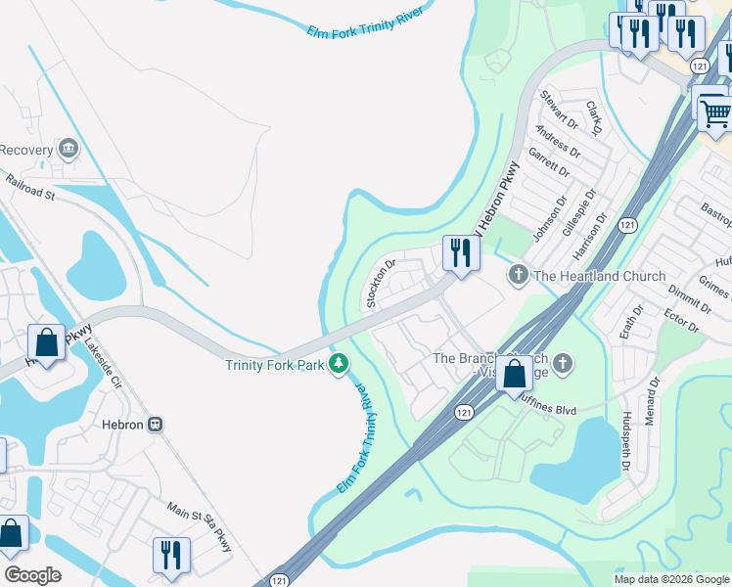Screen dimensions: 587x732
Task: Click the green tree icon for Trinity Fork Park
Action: (x=339, y=364)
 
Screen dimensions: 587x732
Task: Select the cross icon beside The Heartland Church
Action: (x=518, y=276)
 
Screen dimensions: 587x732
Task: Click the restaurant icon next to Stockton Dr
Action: (x=459, y=252)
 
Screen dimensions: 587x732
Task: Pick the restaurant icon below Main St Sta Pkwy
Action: (x=171, y=554)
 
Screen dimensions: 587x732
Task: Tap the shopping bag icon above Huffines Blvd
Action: (x=515, y=374)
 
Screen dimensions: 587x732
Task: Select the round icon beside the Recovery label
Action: (x=69, y=150)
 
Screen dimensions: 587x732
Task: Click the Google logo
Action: (x=32, y=575)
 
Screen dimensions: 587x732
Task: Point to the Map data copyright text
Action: (x=671, y=579)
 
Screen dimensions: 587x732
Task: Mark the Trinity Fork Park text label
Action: (x=275, y=364)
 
